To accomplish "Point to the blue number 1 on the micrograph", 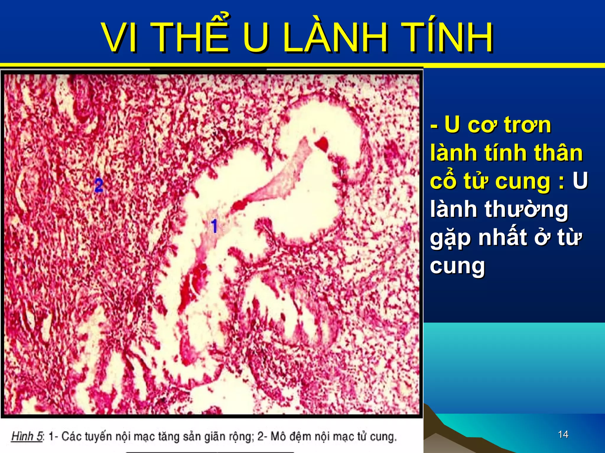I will click(214, 226).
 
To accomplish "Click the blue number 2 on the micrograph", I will click(99, 185).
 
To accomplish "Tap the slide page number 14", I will click(563, 434).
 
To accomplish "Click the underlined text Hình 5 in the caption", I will click(27, 436).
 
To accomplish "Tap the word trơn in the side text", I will click(528, 125).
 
